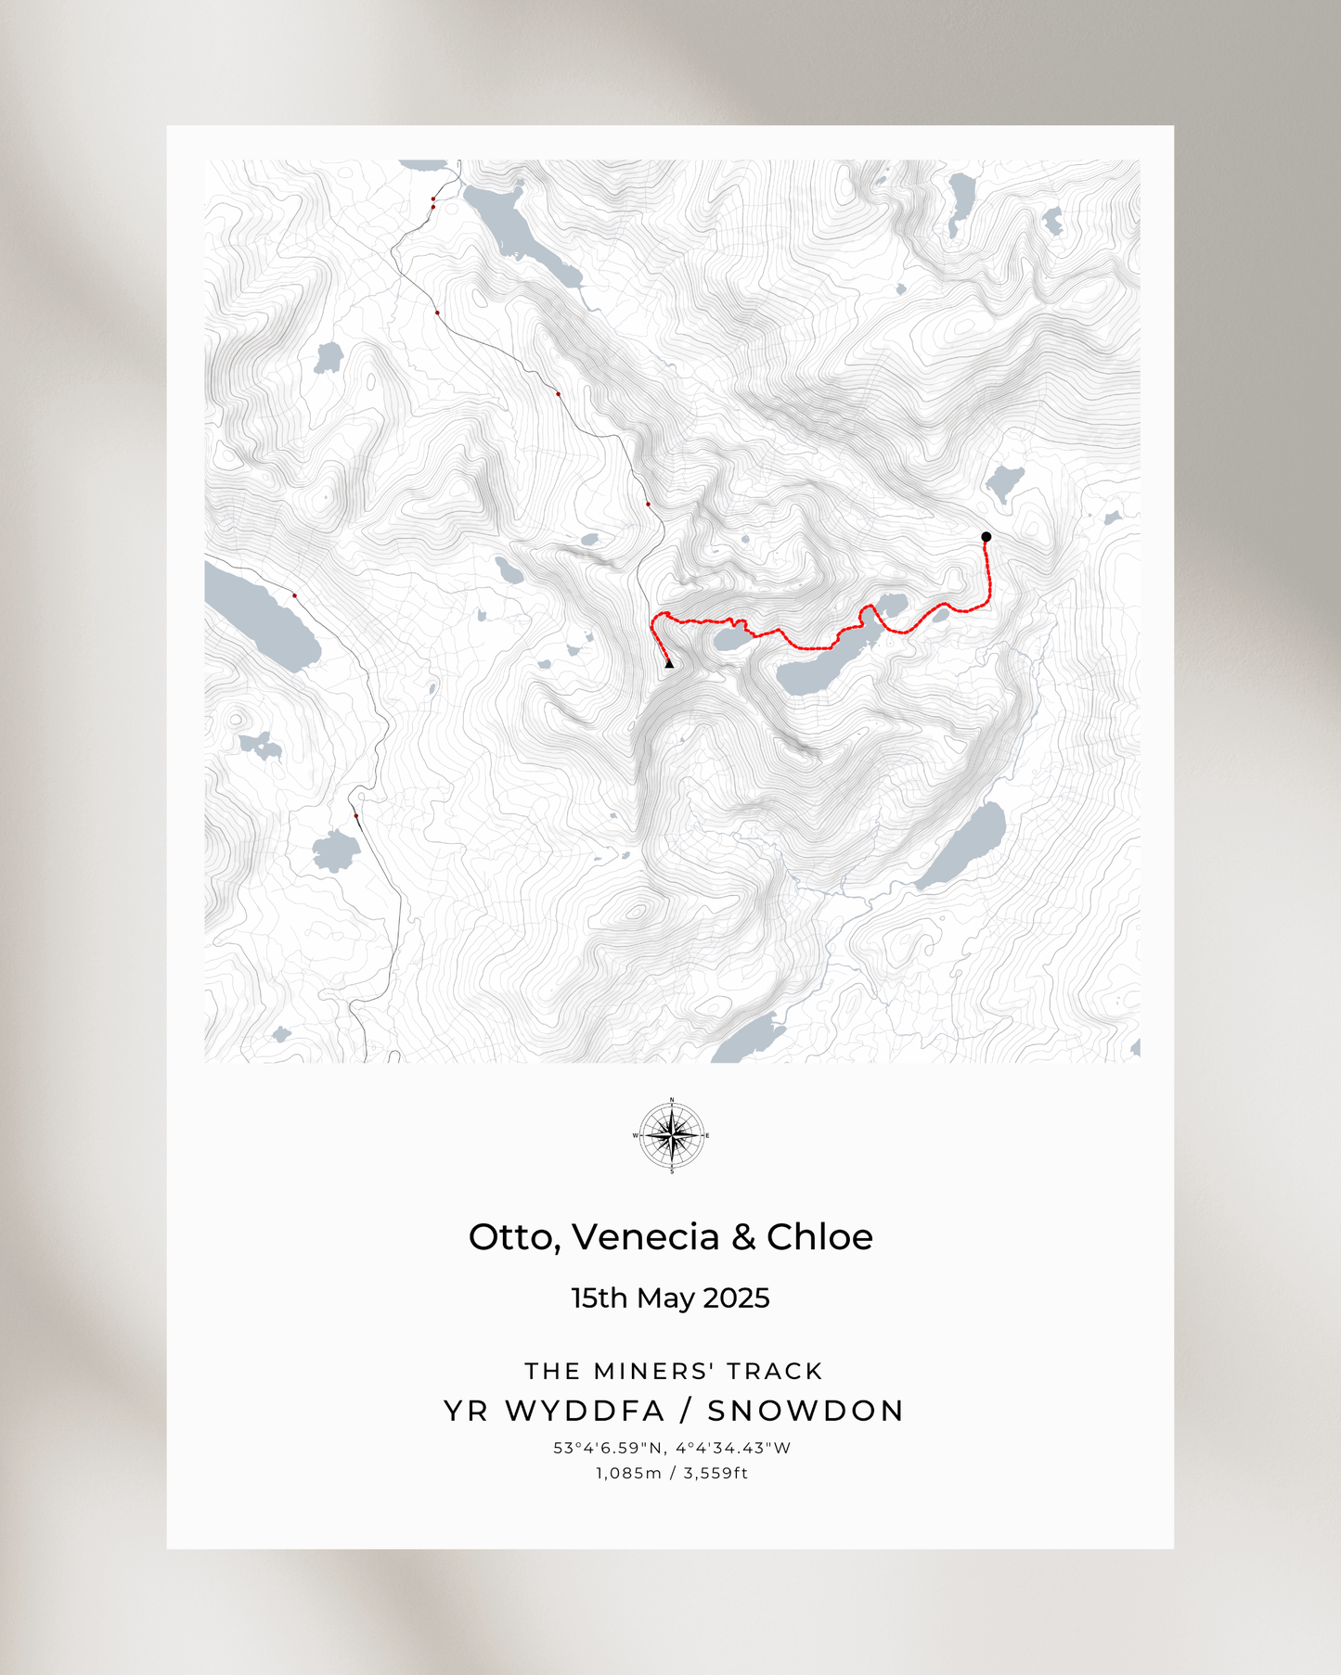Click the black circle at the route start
[x=986, y=537]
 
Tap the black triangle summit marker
[x=669, y=663]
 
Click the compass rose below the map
[x=672, y=1135]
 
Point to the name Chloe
[x=819, y=1237]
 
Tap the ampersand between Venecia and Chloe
[x=742, y=1237]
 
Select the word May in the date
[x=662, y=1298]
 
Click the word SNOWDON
[x=805, y=1411]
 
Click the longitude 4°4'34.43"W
[x=733, y=1448]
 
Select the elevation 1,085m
[x=629, y=1473]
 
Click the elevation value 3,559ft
[x=716, y=1473]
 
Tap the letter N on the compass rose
[x=672, y=1100]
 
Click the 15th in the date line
[x=598, y=1298]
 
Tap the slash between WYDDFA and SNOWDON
[x=686, y=1411]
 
